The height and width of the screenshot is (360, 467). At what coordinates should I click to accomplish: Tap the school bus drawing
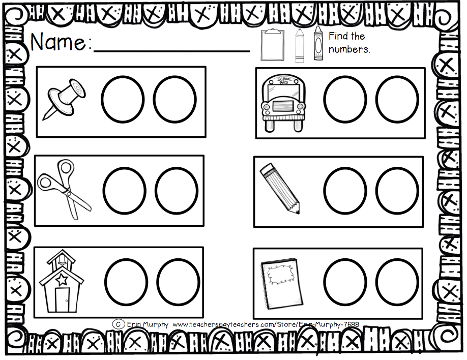tap(283, 103)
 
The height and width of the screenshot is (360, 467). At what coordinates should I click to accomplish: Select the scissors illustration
tap(64, 189)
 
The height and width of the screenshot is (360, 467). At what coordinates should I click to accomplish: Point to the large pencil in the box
tap(280, 188)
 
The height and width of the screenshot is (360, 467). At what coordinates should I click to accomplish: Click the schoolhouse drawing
tap(62, 281)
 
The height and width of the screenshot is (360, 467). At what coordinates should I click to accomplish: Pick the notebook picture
tap(282, 283)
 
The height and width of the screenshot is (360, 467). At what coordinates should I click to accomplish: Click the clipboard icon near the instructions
tap(272, 45)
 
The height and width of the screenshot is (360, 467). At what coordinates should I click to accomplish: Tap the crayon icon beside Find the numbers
tap(318, 43)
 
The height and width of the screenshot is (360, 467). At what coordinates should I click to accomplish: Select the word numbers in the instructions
tap(349, 49)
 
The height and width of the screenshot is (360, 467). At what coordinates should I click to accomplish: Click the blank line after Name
tap(172, 51)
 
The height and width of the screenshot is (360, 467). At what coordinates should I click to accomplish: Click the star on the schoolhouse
tap(62, 280)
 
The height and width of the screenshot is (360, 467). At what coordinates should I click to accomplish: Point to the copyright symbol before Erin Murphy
tap(118, 324)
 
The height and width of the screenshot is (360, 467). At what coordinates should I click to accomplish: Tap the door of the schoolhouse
tap(62, 300)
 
